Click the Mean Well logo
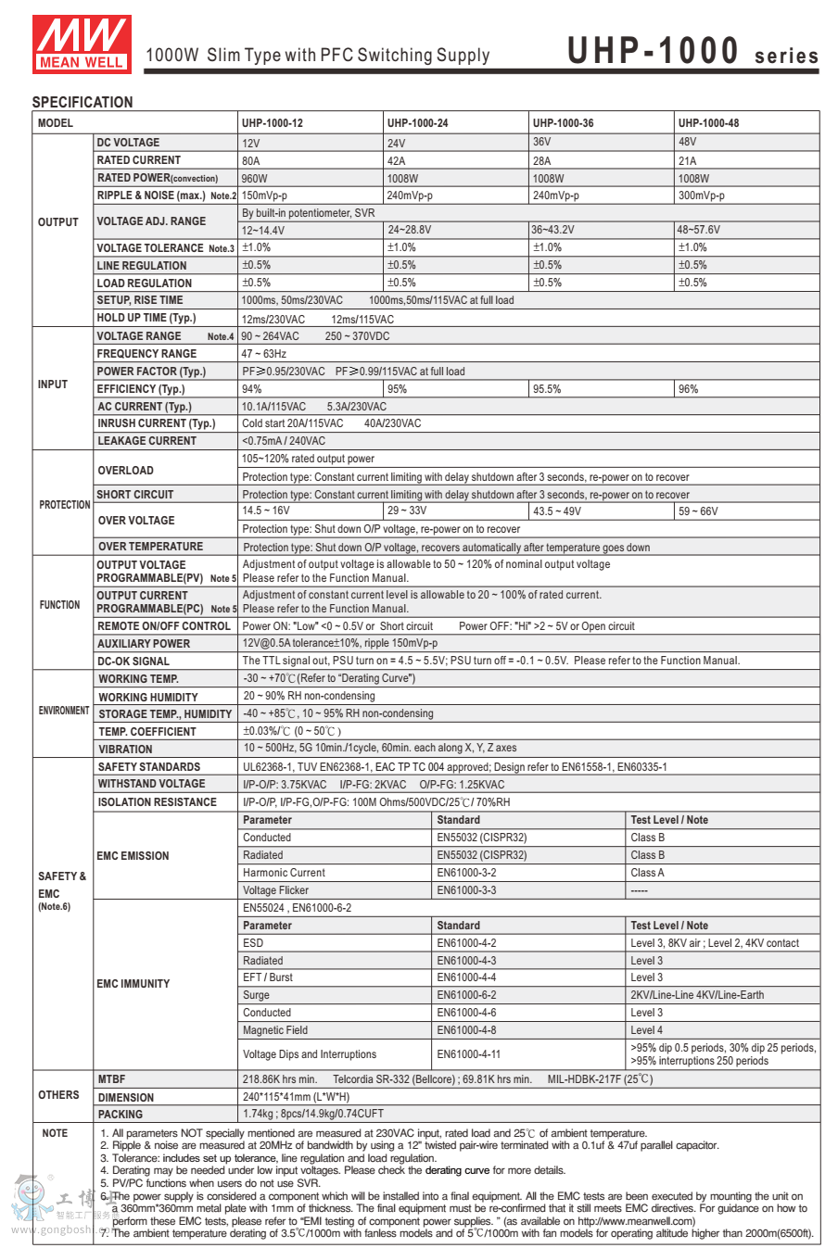click(82, 43)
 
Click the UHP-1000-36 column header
click(563, 123)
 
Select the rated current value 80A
click(251, 161)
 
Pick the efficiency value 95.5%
click(547, 390)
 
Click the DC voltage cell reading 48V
click(687, 143)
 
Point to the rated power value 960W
click(254, 179)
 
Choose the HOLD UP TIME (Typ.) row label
click(146, 318)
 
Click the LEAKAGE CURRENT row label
click(146, 441)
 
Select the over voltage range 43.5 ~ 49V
click(557, 511)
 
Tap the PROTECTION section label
click(64, 505)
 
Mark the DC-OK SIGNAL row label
click(133, 662)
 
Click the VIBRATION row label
click(125, 750)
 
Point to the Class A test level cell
click(647, 873)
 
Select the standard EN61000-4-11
click(468, 1054)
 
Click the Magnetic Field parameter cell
click(275, 1030)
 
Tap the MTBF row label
click(111, 1079)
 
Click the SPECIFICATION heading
click(83, 102)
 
